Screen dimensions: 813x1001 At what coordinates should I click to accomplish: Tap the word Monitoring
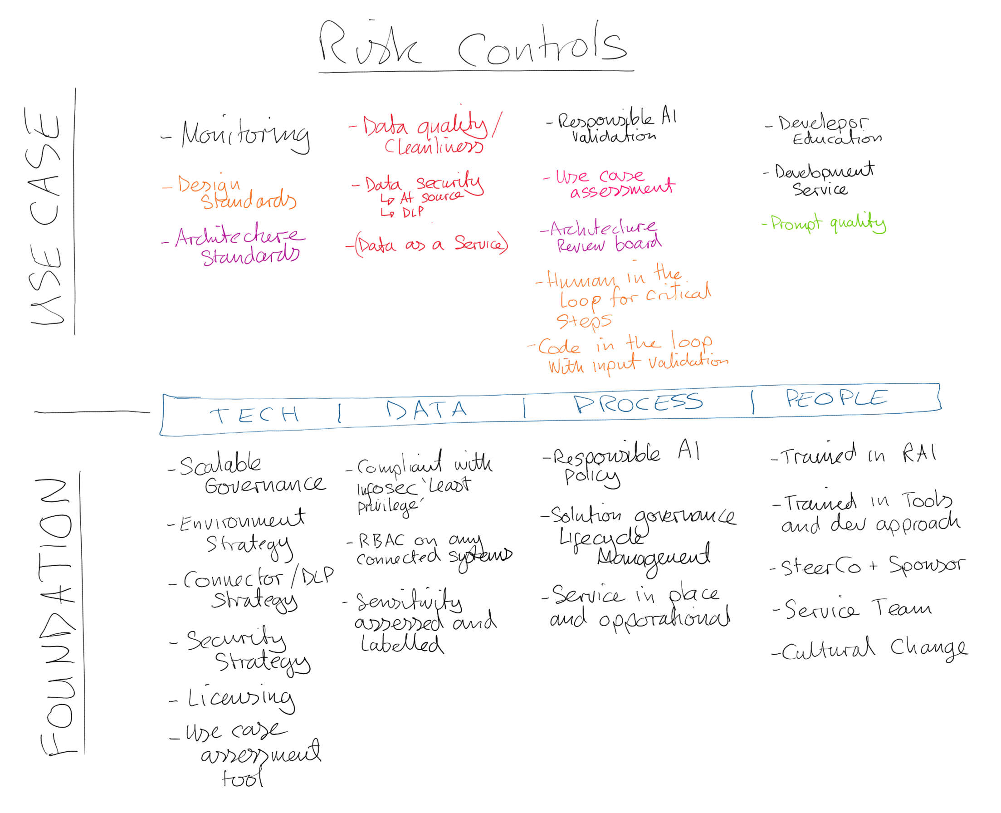coord(245,135)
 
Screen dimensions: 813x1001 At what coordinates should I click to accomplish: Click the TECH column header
coord(254,415)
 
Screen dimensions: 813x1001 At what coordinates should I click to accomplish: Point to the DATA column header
coord(426,410)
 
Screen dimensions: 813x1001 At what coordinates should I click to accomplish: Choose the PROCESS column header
coord(639,403)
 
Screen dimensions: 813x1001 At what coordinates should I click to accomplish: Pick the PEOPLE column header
coord(836,398)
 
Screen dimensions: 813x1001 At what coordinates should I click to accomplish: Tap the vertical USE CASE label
coord(44,215)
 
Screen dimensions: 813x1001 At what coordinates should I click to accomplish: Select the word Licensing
coord(241,699)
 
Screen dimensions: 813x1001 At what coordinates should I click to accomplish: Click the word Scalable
coord(220,465)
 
